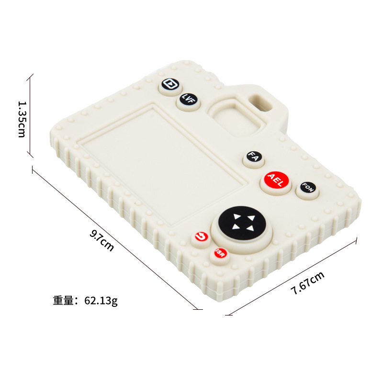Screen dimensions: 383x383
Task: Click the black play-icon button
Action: pos(169,84)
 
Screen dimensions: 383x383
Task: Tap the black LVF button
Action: pos(188,99)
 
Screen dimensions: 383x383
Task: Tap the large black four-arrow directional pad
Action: pos(241,222)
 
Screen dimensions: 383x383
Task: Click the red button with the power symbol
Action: pos(201,237)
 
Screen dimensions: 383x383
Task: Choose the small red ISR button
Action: pos(219,252)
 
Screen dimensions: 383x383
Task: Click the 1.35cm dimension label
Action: pos(21,118)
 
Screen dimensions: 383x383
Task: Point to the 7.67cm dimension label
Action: pos(307,282)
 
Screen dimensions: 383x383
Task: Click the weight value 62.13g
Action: pos(101,301)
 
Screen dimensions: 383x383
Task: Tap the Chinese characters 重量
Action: pos(64,301)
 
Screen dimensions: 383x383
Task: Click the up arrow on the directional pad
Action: pos(237,216)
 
